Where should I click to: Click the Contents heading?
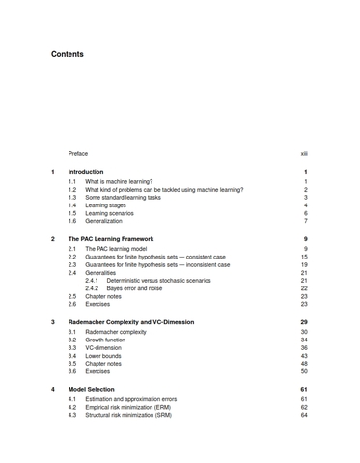[x=68, y=54]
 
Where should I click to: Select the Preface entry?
[x=78, y=153]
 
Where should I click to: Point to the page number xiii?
[x=303, y=153]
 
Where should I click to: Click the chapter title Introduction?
[x=86, y=172]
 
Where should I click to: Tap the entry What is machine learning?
[x=119, y=181]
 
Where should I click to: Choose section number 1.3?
[x=72, y=198]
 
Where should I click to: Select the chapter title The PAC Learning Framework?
[x=111, y=238]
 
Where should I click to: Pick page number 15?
[x=304, y=257]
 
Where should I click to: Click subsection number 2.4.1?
[x=92, y=281]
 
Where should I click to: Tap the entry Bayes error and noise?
[x=134, y=288]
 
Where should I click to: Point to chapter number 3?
[x=52, y=322]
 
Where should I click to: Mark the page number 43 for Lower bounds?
[x=304, y=356]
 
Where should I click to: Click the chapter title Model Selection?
[x=92, y=390]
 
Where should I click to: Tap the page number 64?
[x=304, y=415]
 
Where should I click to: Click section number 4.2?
[x=72, y=407]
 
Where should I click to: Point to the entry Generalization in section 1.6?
[x=104, y=221]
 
